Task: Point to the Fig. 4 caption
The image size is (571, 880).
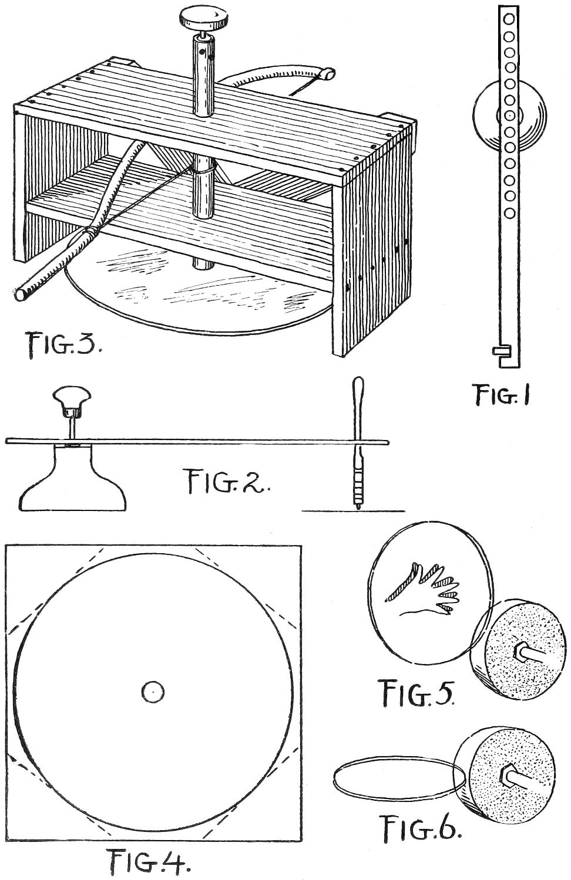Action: click(x=149, y=862)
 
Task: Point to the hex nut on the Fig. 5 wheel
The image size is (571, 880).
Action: click(x=521, y=649)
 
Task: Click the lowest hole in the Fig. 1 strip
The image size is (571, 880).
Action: click(x=509, y=211)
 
